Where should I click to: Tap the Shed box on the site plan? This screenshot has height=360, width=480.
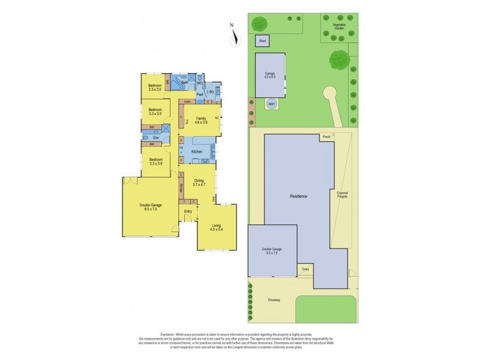point(262,41)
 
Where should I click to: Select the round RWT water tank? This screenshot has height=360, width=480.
point(271,104)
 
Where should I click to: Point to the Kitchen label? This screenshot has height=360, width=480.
point(196,152)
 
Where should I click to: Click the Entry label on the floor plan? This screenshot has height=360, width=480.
point(188,211)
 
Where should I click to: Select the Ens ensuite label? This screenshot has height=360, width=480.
point(155,138)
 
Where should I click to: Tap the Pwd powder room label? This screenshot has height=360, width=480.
point(199,95)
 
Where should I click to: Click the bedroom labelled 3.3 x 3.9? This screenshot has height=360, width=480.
point(155,161)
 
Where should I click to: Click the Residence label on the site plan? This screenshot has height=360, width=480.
point(298,197)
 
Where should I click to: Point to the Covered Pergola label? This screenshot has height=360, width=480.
point(341,195)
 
